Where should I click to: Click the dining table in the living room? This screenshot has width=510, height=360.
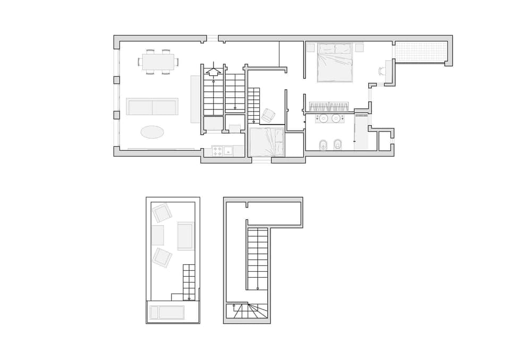click(x=158, y=62)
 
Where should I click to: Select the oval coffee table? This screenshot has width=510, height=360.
click(x=152, y=132)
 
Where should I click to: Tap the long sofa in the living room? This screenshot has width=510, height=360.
click(x=152, y=107)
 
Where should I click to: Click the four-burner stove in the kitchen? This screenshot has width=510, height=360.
click(x=217, y=151)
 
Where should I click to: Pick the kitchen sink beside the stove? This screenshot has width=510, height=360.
click(x=228, y=151)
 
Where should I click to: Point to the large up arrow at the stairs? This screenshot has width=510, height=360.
click(x=213, y=70)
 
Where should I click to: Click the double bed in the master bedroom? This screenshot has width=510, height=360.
click(x=335, y=62)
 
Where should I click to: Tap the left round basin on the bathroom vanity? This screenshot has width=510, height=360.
click(x=324, y=118)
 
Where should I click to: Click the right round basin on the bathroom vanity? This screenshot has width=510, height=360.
click(x=336, y=118)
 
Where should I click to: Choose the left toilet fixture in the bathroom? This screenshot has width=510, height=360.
click(x=323, y=144)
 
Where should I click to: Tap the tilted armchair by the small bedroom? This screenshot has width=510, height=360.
click(x=268, y=115)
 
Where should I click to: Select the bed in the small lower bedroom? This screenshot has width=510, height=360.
click(x=267, y=142)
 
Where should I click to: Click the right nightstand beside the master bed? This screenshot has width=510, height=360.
click(x=360, y=48)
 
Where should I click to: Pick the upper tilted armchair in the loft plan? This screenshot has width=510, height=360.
click(x=162, y=213)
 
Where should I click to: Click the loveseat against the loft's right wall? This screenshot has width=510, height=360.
click(x=186, y=236)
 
